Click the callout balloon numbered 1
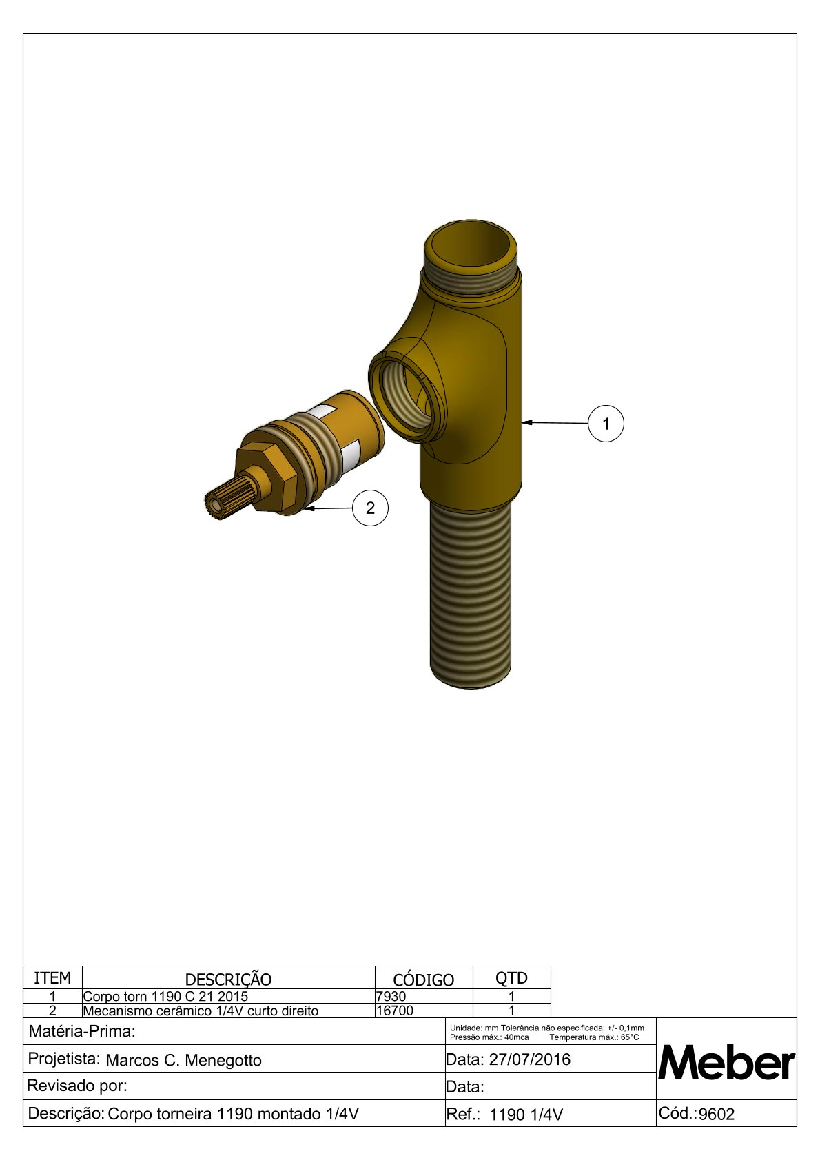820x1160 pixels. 606,424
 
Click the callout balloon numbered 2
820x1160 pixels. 370,508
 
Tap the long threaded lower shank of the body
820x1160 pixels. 471,596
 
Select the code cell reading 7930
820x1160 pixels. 391,996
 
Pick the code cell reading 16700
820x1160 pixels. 395,1011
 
